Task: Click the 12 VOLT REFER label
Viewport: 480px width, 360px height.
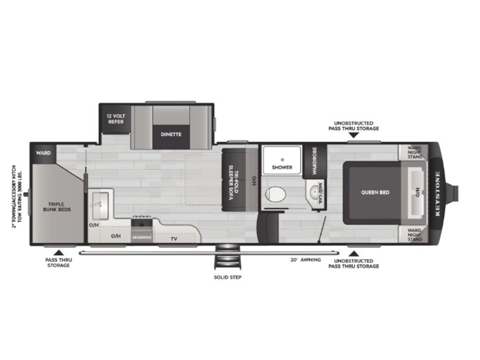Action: coord(115,119)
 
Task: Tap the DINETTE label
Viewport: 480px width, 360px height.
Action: coord(171,134)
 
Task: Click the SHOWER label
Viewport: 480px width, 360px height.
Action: coord(282,167)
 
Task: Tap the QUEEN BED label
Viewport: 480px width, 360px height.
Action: coord(375,192)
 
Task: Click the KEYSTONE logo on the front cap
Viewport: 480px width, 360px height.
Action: coord(438,193)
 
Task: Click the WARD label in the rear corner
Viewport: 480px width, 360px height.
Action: coord(44,153)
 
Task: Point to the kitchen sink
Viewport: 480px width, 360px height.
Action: coord(100,206)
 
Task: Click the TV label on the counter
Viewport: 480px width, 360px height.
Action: coord(174,239)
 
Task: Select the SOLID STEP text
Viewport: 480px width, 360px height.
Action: coord(227,277)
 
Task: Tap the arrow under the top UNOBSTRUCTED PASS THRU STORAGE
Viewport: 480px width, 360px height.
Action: coord(353,135)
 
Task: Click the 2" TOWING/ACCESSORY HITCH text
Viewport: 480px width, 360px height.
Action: coord(15,196)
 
